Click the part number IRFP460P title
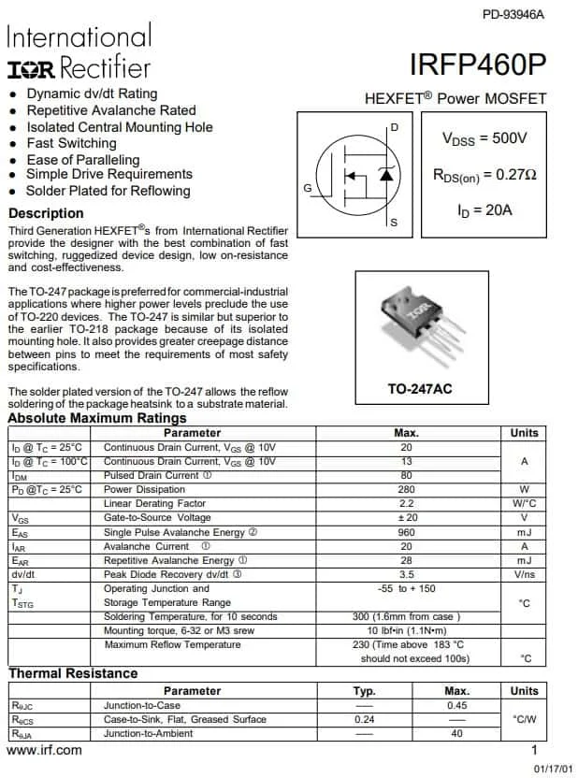[477, 65]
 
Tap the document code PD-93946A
[513, 14]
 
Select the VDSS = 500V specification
[484, 138]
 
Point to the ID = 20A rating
[484, 210]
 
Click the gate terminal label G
[308, 188]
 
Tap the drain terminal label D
[394, 127]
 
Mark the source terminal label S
[394, 223]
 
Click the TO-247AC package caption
[420, 388]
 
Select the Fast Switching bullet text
[72, 143]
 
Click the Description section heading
[46, 213]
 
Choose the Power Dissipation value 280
[407, 489]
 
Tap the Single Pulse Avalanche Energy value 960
[407, 532]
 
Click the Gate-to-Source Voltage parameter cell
[157, 518]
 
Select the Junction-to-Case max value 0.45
[456, 705]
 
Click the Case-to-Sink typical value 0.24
[365, 719]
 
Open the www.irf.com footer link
[44, 750]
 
